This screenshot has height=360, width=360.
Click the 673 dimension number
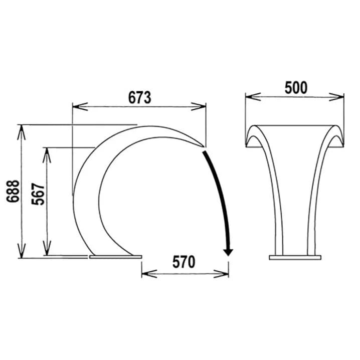[139, 97]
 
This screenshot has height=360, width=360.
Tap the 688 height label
[13, 191]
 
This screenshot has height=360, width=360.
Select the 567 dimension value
[38, 194]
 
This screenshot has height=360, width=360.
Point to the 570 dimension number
[184, 262]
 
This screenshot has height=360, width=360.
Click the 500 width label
[296, 88]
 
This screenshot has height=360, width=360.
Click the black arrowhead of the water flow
[228, 252]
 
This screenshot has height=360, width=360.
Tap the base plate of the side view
[116, 257]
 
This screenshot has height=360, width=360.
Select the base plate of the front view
[295, 257]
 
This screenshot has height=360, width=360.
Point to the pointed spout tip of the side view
[204, 146]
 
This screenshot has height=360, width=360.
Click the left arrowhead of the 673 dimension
[80, 106]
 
